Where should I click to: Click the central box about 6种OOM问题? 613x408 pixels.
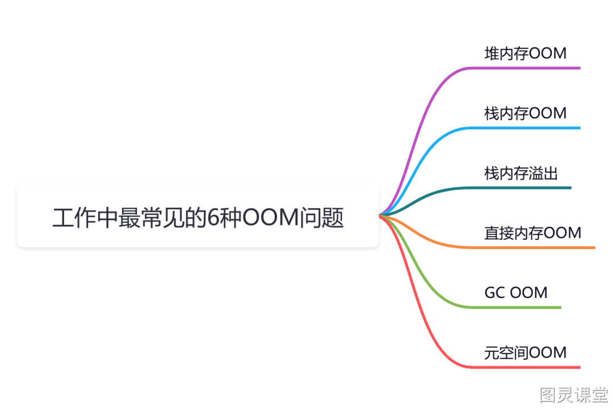click(198, 216)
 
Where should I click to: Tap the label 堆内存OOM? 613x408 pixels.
click(526, 53)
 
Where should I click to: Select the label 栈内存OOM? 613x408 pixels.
click(526, 113)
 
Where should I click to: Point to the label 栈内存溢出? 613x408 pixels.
click(520, 173)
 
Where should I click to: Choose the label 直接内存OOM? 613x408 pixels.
click(533, 233)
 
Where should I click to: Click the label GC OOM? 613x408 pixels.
click(516, 293)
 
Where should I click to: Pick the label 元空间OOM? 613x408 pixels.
click(526, 352)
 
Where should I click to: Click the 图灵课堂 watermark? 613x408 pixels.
click(574, 395)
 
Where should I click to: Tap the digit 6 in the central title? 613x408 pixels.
click(213, 218)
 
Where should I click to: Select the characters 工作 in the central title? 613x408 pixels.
click(74, 218)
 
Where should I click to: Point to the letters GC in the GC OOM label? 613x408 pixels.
click(494, 293)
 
